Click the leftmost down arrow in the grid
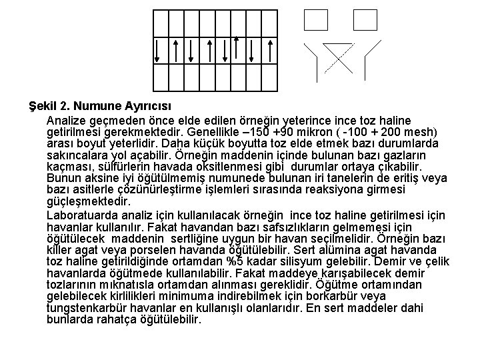tap(158, 50)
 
